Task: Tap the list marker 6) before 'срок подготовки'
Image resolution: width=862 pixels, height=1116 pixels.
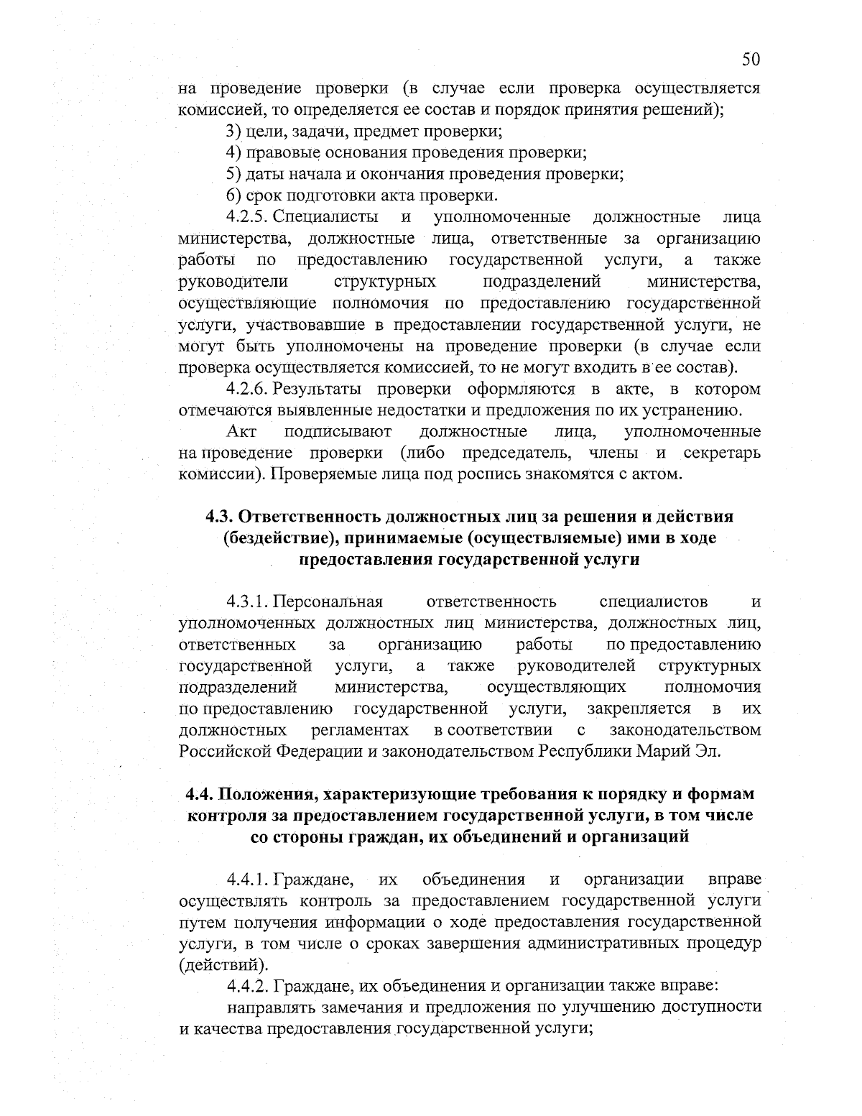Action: (x=233, y=195)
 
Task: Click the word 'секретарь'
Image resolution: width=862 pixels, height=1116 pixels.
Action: (x=722, y=453)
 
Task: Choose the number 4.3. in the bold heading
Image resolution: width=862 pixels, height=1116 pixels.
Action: (x=220, y=517)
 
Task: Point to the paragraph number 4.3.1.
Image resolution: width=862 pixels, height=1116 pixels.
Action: (x=248, y=601)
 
